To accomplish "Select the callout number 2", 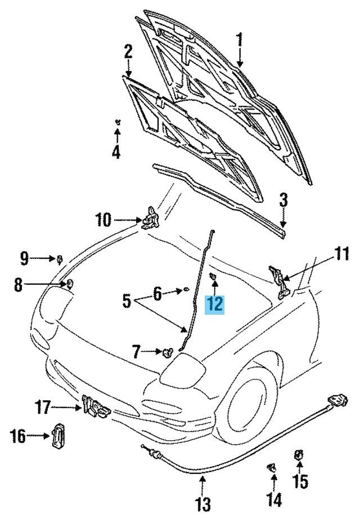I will pos(128,52).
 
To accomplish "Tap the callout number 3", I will pos(283,199).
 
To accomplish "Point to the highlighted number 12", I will pos(215,304).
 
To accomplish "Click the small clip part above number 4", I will pos(117,122).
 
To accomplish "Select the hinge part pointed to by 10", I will pos(151,218).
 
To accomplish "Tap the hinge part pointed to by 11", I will pos(278,280).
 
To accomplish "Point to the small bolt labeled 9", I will pos(59,259).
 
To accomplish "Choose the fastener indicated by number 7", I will pos(167,353).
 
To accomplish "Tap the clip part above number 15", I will pos(299,454).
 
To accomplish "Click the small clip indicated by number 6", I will pos(185,290).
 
